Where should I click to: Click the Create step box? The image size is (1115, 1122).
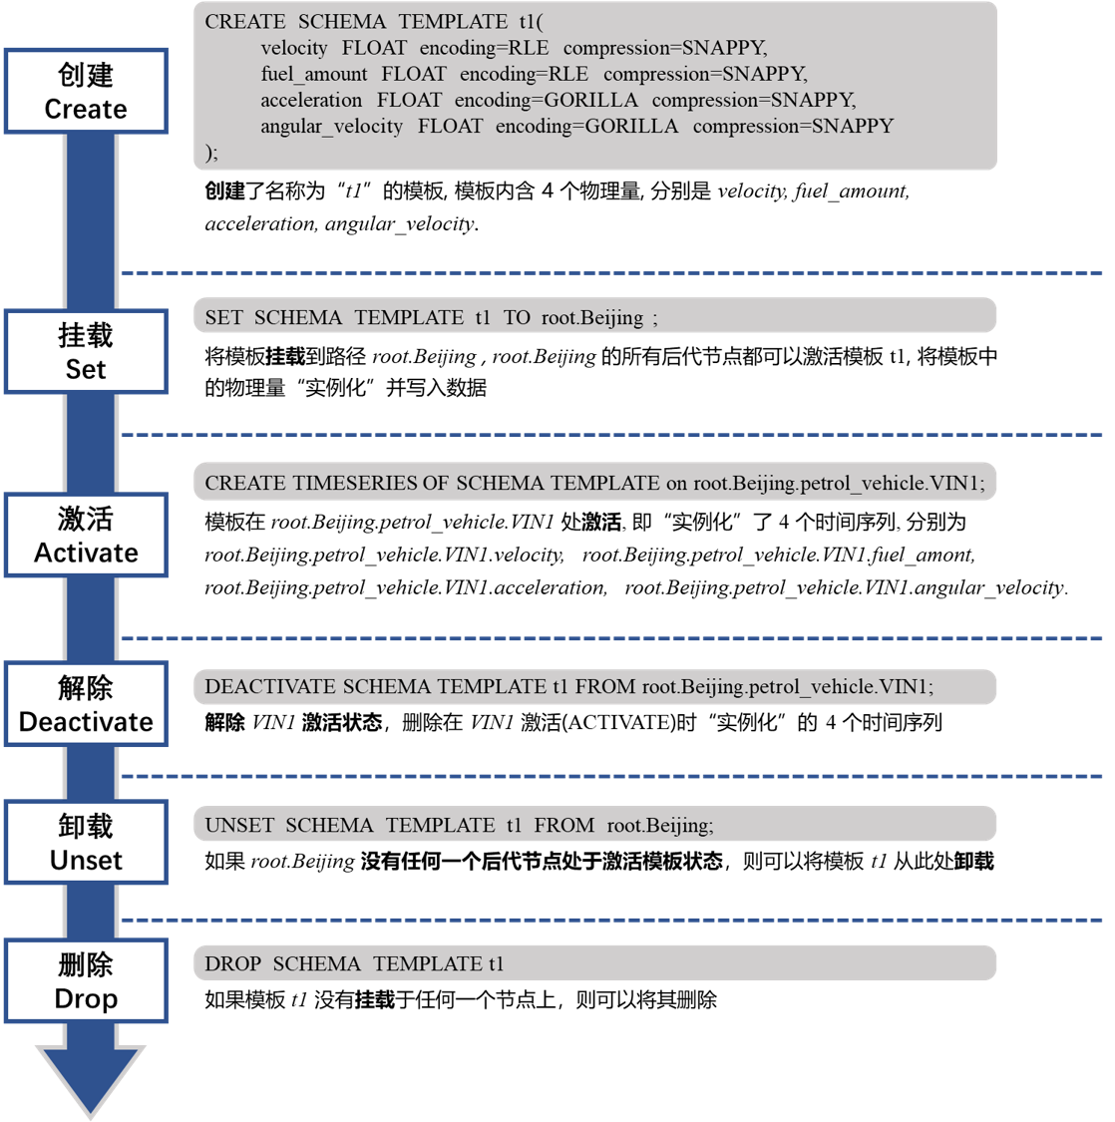(86, 91)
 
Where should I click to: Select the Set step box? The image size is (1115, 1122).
(86, 352)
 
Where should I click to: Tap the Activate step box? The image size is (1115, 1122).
(86, 536)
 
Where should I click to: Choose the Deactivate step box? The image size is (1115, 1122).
(86, 704)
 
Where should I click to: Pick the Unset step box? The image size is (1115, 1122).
(86, 843)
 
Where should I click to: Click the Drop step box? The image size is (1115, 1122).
(86, 981)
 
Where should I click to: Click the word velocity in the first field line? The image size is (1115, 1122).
(294, 48)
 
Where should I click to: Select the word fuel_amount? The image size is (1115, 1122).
(314, 74)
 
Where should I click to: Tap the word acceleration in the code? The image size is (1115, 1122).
(311, 100)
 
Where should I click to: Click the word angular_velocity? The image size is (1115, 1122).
(332, 126)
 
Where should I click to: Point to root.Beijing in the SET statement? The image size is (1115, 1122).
(592, 318)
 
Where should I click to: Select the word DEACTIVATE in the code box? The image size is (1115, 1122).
(270, 686)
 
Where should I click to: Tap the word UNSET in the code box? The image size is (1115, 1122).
(239, 825)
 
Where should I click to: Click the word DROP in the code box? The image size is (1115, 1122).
(233, 963)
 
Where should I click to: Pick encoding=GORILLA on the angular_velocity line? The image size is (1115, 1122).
(586, 126)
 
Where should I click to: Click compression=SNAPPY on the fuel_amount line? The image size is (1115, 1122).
(705, 74)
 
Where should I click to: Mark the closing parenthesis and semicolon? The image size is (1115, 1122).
(210, 152)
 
